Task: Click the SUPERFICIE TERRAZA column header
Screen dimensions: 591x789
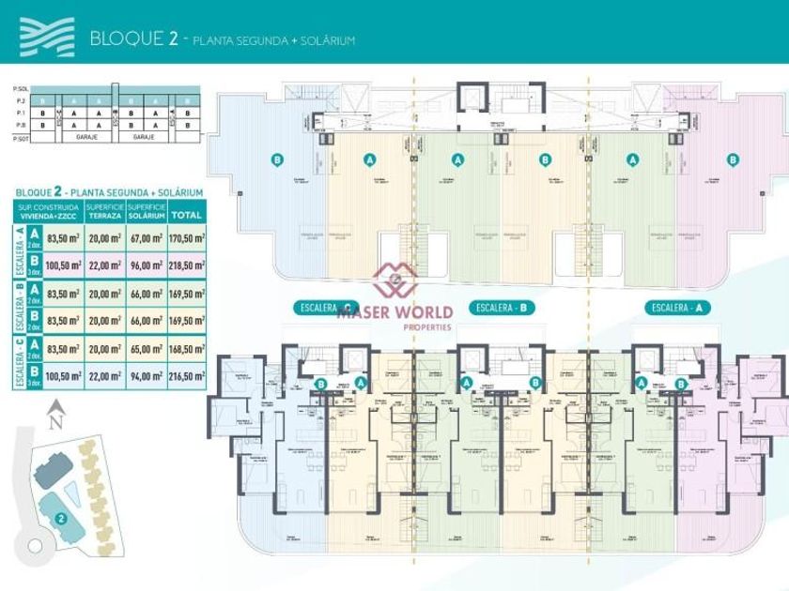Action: tap(104, 211)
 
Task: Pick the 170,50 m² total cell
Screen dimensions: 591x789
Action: tap(187, 239)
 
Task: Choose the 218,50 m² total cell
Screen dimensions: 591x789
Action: tap(187, 266)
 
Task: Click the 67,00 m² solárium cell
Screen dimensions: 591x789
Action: tap(147, 239)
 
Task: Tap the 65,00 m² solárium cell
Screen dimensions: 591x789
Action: tap(147, 348)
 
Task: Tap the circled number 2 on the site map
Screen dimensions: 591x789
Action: tap(61, 517)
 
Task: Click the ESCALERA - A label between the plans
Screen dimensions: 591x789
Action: tap(676, 308)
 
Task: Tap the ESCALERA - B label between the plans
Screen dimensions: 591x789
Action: tap(505, 308)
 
